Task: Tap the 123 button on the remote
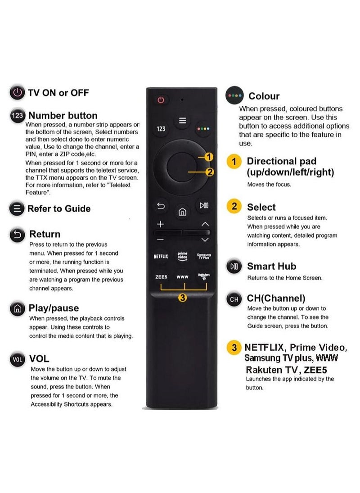click(161, 129)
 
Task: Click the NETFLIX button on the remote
click(161, 256)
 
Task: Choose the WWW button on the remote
click(182, 277)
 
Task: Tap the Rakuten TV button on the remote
click(203, 276)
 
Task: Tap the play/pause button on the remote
click(204, 206)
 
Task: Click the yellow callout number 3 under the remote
click(182, 297)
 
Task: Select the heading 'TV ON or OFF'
click(58, 93)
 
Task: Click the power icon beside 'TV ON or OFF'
click(17, 93)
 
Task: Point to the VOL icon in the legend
click(17, 359)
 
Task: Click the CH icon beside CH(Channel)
click(234, 299)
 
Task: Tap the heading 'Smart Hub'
click(271, 266)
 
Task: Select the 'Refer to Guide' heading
click(59, 208)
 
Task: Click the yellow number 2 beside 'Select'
click(234, 207)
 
